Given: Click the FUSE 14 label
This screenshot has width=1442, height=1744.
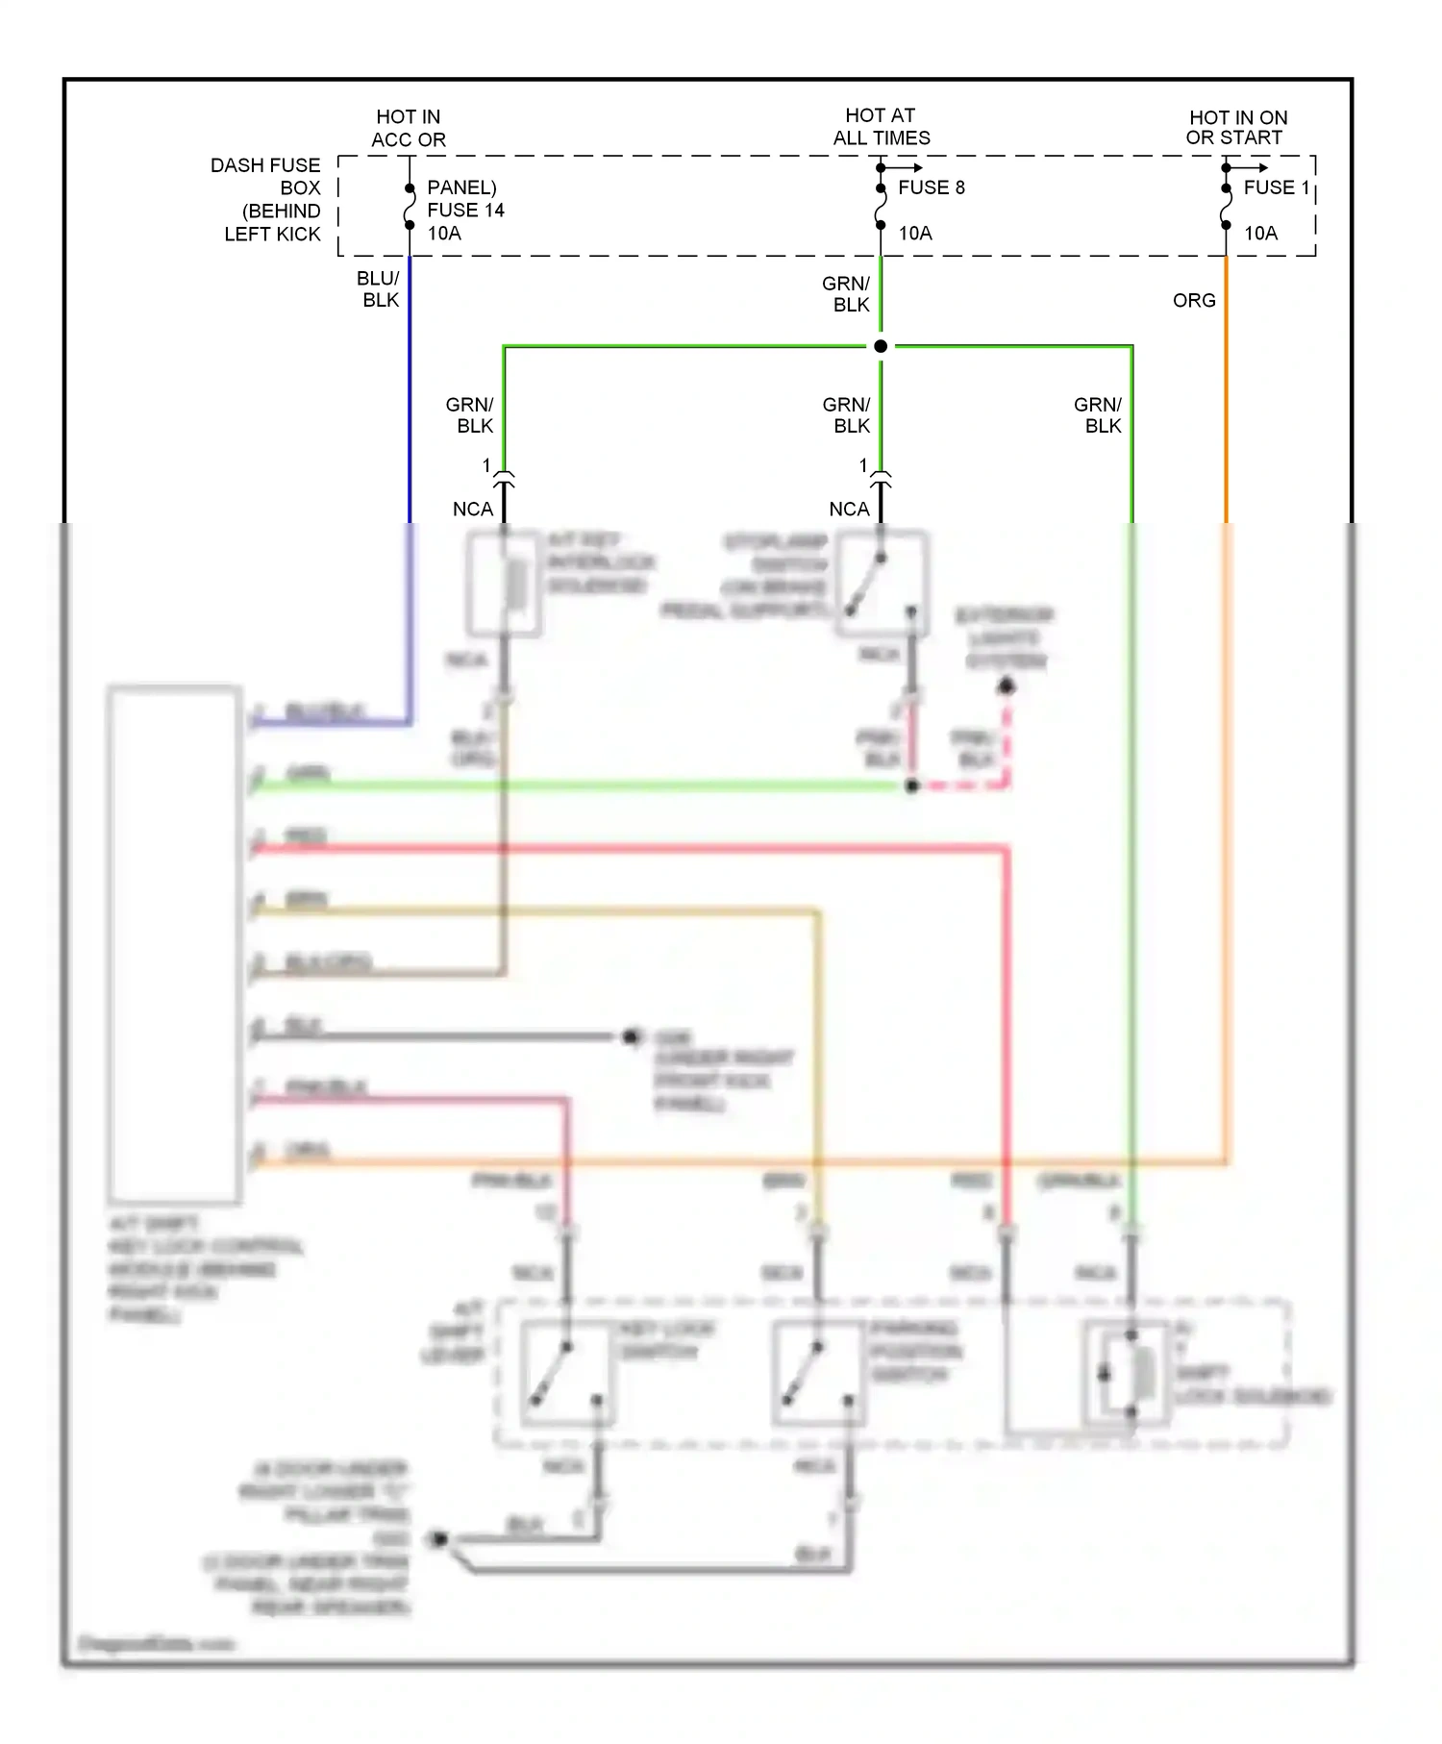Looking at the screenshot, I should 465,210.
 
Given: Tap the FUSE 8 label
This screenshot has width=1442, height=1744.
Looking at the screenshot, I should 931,187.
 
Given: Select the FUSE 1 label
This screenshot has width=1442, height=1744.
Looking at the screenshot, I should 1276,187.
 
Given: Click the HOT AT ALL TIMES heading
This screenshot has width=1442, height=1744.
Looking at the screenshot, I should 881,127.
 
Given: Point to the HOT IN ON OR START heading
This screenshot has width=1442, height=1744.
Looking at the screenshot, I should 1236,128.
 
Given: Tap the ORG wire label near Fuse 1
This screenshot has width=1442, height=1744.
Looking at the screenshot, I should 1194,301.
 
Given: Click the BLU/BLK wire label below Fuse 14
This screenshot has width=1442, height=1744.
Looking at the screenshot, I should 378,288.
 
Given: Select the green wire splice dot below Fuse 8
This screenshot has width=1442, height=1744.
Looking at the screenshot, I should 881,346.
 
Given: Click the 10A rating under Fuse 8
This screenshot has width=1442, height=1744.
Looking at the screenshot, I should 914,234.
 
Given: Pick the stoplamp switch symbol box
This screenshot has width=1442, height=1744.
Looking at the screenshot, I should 882,583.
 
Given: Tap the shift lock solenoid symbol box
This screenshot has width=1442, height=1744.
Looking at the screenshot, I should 1127,1373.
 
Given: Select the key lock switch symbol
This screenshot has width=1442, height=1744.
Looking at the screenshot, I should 568,1373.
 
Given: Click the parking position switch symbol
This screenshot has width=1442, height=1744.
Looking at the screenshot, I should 818,1373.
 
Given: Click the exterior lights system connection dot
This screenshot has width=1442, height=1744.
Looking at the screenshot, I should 1007,686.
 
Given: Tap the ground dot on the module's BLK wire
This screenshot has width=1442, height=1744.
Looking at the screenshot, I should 632,1036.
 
